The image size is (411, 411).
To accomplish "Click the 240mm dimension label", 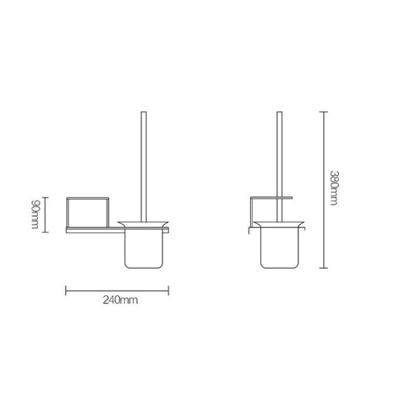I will click(117, 301).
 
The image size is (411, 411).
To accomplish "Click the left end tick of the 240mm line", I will click(66, 290).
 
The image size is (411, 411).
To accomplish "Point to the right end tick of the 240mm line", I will click(169, 290).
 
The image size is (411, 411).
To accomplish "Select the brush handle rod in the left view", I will click(143, 164).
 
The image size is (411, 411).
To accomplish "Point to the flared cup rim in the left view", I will click(143, 224).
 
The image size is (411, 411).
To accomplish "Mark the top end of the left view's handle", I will click(143, 112).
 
